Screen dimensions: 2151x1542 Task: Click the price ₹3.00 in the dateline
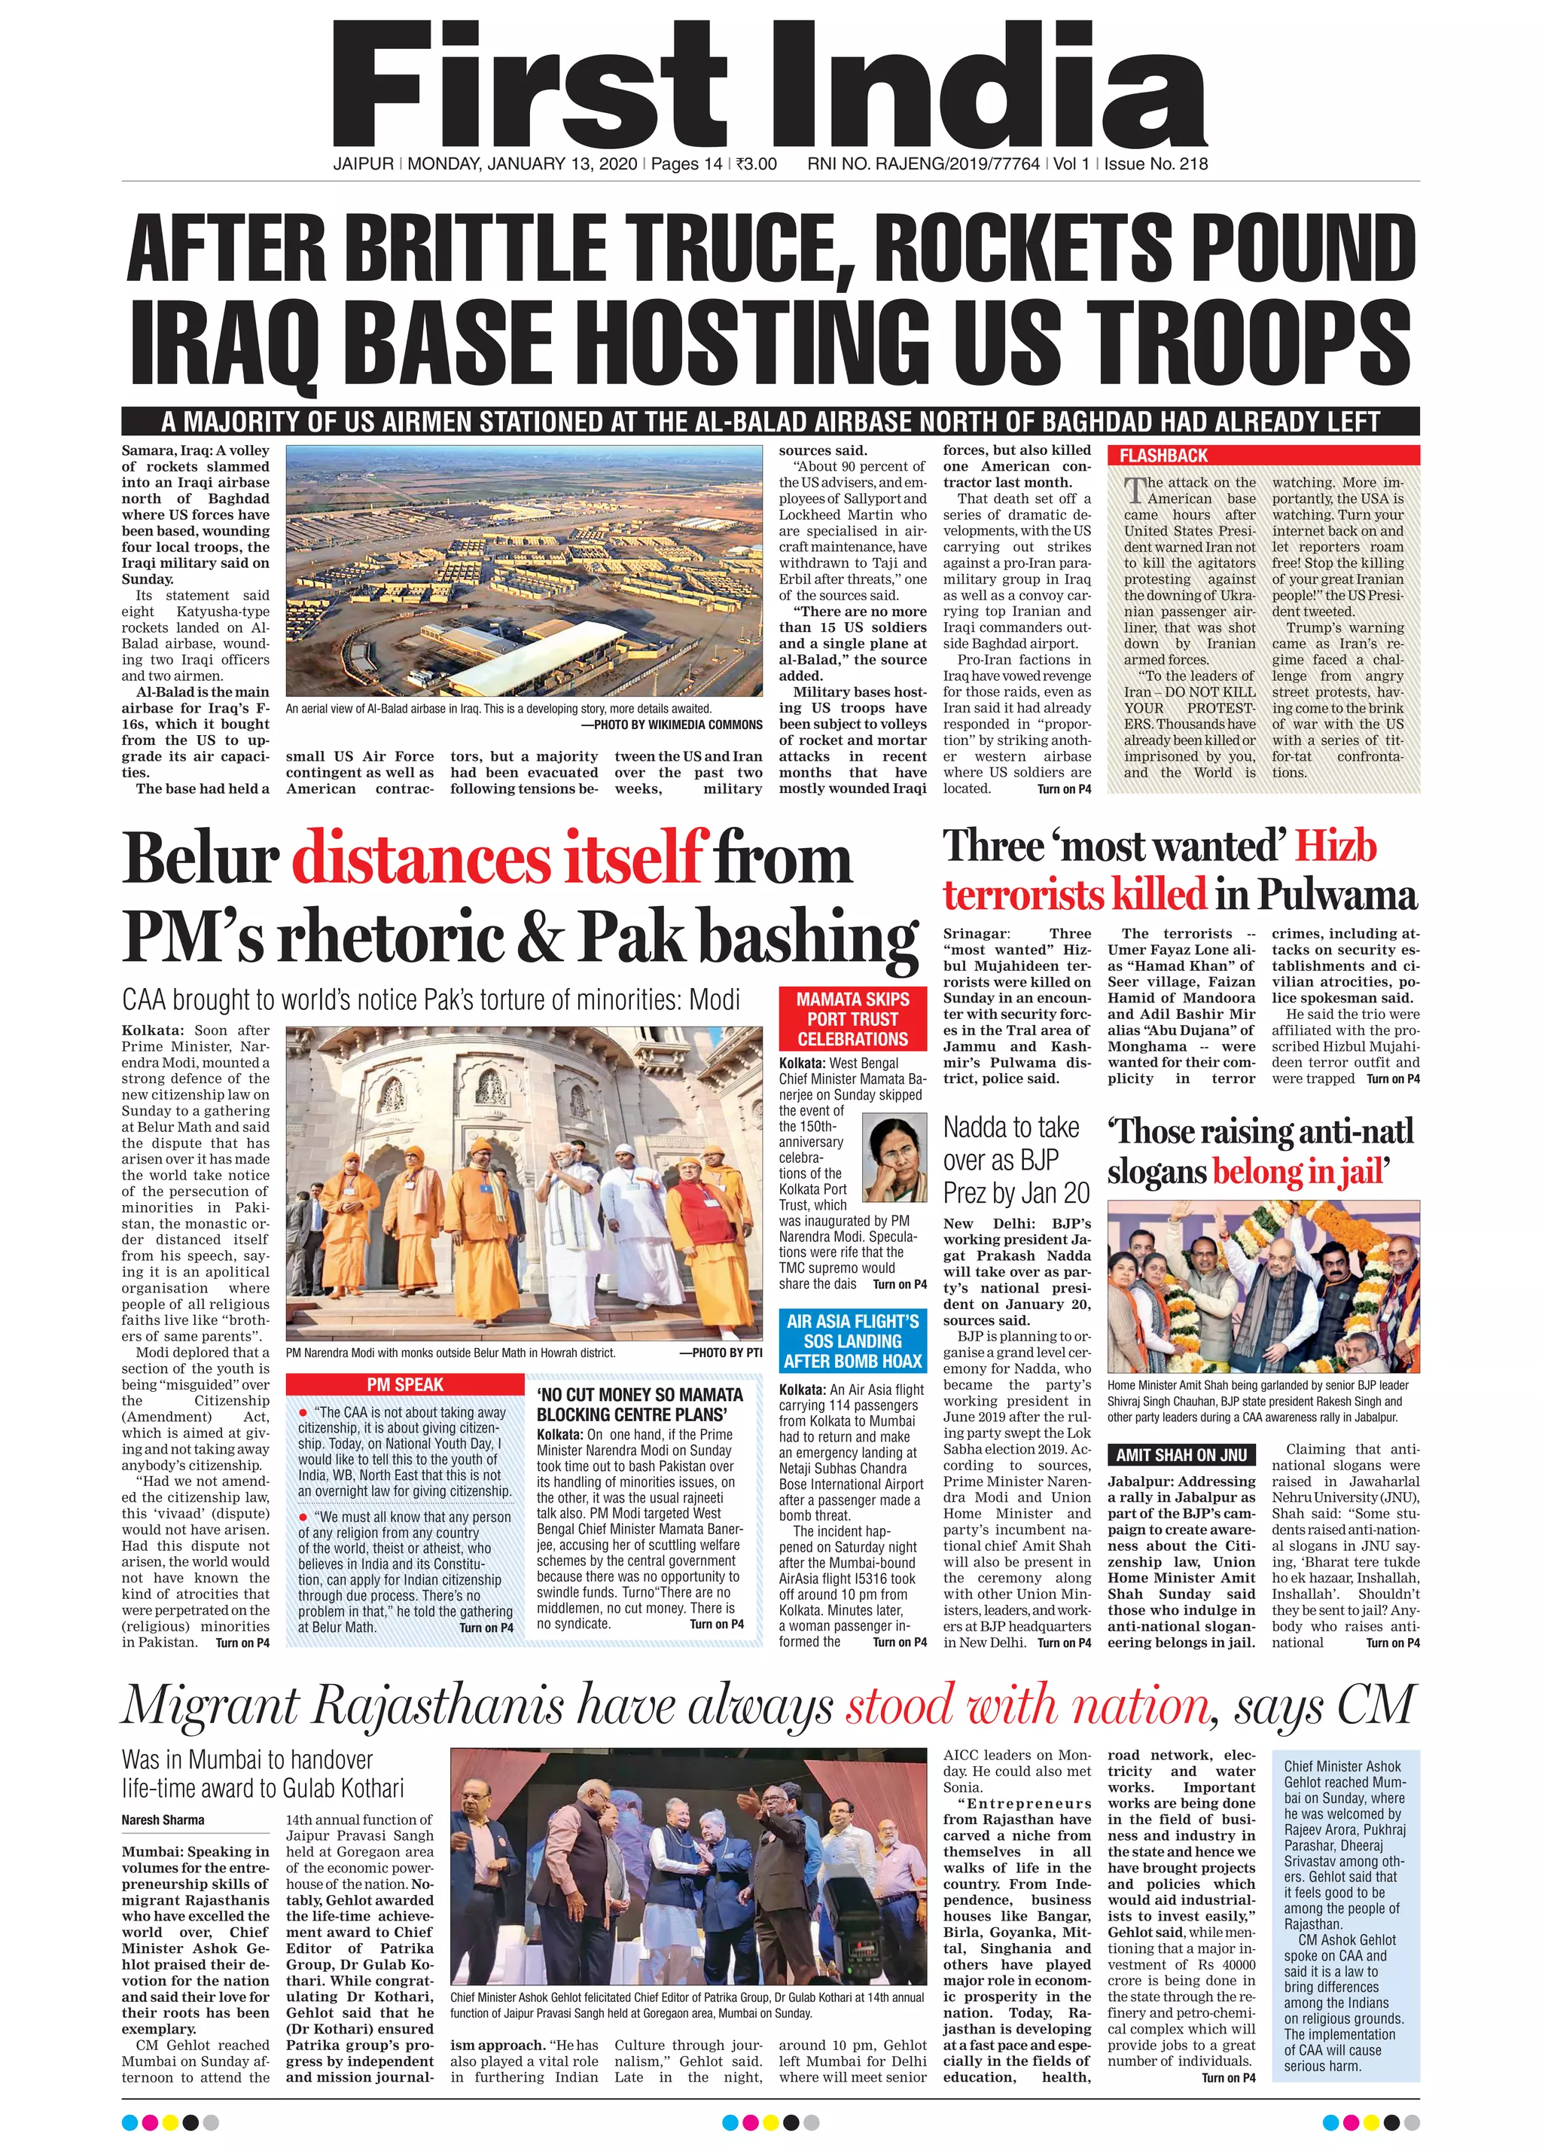click(756, 164)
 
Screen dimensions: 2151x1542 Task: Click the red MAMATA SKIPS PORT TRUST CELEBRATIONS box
click(852, 1018)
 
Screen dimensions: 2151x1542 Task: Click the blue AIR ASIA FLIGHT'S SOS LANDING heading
click(852, 1341)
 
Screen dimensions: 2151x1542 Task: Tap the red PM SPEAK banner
click(405, 1384)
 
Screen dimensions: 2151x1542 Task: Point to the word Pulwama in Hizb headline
click(1337, 894)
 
